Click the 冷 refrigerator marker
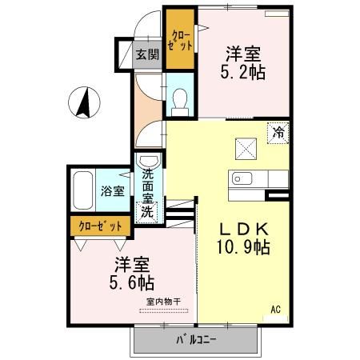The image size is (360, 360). tap(278, 133)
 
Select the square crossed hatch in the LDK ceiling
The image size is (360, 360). tap(245, 147)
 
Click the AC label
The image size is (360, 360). tap(274, 309)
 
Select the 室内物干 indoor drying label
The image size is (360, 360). tap(163, 301)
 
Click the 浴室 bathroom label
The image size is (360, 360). tap(112, 191)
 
